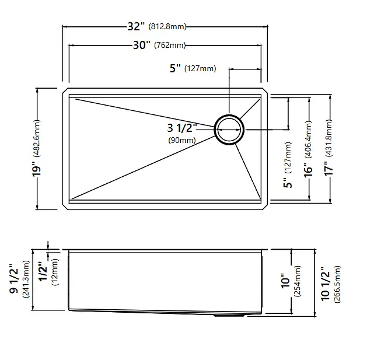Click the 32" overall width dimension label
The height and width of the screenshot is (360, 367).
point(136,26)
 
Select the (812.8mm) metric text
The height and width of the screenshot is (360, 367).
point(167,26)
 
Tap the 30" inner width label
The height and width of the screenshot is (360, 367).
point(142,45)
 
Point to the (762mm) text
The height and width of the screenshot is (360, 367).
point(170,45)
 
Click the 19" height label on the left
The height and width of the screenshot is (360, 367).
point(37,169)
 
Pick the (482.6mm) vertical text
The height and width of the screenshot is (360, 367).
point(37,138)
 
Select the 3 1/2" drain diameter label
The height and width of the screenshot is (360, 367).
point(182,128)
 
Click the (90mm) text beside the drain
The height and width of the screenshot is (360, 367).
point(182,140)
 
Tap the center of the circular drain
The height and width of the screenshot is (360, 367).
point(229,129)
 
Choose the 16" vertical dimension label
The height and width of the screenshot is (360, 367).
point(309,170)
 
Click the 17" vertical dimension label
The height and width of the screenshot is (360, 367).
point(328,169)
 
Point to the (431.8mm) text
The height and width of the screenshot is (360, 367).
point(329,138)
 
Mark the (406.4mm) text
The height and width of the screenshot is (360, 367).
point(309,139)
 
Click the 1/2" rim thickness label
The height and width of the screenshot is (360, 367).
point(44,271)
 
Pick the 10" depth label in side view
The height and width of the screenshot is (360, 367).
point(285,281)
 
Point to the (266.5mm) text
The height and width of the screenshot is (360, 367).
point(337,284)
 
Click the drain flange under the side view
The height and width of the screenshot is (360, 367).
point(229,316)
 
